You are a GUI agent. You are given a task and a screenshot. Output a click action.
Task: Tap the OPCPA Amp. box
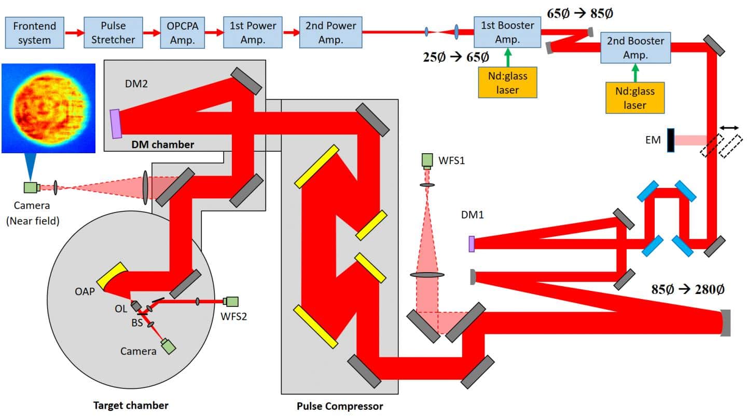pyautogui.click(x=182, y=32)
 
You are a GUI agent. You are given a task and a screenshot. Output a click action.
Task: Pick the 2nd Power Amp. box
pyautogui.click(x=330, y=32)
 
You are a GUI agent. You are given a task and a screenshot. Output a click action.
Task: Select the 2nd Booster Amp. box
pyautogui.click(x=635, y=48)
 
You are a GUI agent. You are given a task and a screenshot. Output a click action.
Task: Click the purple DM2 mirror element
pyautogui.click(x=115, y=124)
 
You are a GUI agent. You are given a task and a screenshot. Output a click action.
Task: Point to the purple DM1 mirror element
pyautogui.click(x=472, y=244)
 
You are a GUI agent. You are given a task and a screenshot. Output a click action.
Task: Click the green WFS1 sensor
pyautogui.click(x=427, y=160)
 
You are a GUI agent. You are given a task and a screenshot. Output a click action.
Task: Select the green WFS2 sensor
pyautogui.click(x=231, y=301)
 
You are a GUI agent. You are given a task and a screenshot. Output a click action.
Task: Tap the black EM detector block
pyautogui.click(x=671, y=140)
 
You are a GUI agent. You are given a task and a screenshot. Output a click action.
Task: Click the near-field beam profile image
pyautogui.click(x=48, y=108)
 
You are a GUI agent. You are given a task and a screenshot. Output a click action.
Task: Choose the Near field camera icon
pyautogui.click(x=31, y=187)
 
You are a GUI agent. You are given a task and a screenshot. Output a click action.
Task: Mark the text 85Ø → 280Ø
pyautogui.click(x=687, y=290)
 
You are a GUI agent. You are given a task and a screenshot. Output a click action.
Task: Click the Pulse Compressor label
pyautogui.click(x=340, y=406)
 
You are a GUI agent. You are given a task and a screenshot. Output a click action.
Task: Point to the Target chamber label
pyautogui.click(x=131, y=405)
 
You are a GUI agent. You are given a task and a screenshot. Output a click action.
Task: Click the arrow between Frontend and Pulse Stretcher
pyautogui.click(x=74, y=33)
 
